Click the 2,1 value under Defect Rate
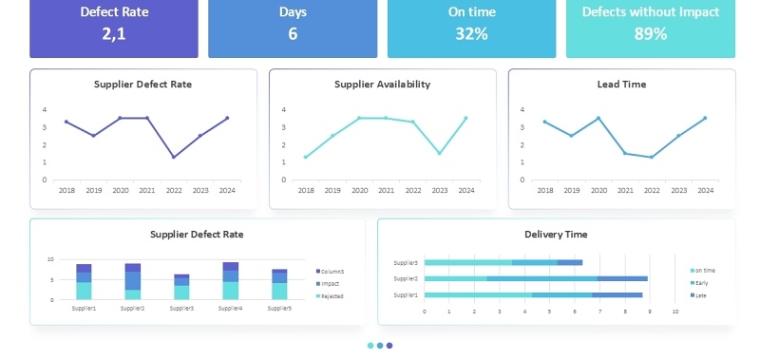[114, 34]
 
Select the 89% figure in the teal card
[650, 34]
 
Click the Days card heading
[293, 12]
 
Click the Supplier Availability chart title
[382, 85]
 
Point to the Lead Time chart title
[621, 85]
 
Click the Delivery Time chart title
[556, 235]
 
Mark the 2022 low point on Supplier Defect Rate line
[173, 157]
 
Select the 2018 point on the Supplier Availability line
[306, 157]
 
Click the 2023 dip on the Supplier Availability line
[439, 153]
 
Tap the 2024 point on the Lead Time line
[705, 118]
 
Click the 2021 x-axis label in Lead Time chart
[625, 191]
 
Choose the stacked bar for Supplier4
[230, 280]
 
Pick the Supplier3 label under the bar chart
[180, 309]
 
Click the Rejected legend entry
[331, 296]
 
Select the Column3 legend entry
[331, 272]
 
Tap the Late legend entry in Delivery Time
[700, 295]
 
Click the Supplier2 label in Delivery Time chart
[406, 278]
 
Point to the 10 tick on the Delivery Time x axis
[675, 312]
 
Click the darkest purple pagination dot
[389, 346]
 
